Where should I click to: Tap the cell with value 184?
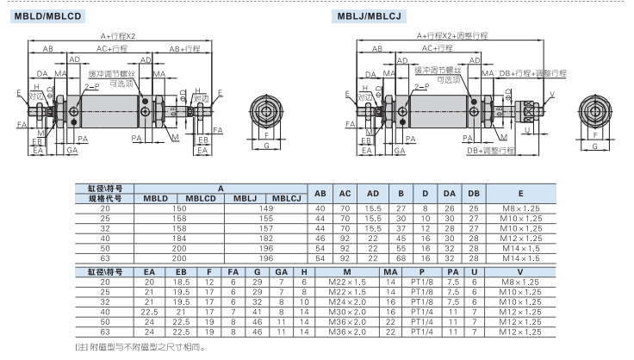point(178,237)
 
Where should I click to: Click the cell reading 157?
point(266,227)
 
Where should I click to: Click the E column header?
point(521,194)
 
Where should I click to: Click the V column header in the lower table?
point(521,271)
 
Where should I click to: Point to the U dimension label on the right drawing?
point(526,131)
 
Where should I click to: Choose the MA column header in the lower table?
point(389,271)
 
